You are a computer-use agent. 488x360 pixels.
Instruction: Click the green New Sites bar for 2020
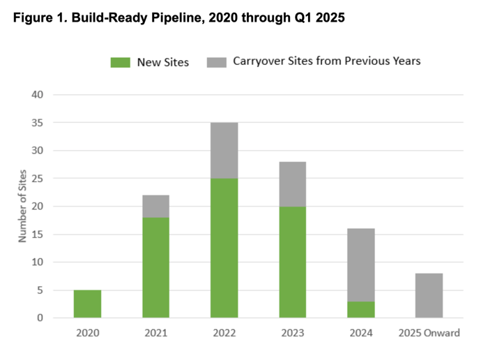click(x=87, y=303)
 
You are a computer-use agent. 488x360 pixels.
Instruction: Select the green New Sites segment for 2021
click(x=155, y=267)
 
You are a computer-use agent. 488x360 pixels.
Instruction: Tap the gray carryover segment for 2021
click(x=155, y=206)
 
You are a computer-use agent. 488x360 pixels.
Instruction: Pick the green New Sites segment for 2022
click(x=224, y=248)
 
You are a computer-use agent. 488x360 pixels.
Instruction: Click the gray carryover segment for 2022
click(x=224, y=150)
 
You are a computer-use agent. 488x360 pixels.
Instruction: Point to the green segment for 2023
click(x=292, y=262)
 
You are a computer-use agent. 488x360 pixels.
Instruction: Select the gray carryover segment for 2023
click(x=292, y=183)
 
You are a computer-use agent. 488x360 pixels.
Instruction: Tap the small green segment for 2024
click(x=360, y=309)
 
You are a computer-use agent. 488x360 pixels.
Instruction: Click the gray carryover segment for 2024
click(x=360, y=264)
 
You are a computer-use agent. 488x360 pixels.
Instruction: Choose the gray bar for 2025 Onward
click(x=429, y=295)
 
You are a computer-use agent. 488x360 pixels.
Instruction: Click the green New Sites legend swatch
click(x=121, y=62)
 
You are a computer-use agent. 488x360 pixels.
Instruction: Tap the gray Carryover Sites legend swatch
click(x=217, y=62)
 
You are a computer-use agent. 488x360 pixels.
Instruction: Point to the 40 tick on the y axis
click(x=38, y=94)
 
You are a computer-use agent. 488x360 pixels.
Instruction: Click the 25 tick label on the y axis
click(x=38, y=178)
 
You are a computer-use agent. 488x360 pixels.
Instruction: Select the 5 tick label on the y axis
click(x=41, y=290)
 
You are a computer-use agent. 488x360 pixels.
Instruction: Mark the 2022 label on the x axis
click(x=224, y=333)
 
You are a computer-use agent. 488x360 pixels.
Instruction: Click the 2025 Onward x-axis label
click(x=429, y=333)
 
